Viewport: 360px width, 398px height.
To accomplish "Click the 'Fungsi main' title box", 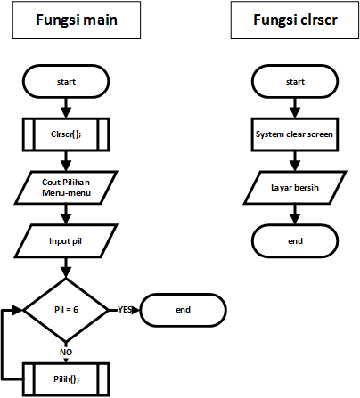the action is pyautogui.click(x=77, y=20).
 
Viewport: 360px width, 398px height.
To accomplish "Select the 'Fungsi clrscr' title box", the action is pyautogui.click(x=295, y=20).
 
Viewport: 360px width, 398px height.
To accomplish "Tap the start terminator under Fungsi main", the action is pyautogui.click(x=66, y=81).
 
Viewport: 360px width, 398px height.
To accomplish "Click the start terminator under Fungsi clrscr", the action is pyautogui.click(x=295, y=81).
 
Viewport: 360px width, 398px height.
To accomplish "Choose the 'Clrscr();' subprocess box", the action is pyautogui.click(x=66, y=134).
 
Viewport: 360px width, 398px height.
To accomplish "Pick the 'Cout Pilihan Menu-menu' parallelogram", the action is pyautogui.click(x=66, y=188).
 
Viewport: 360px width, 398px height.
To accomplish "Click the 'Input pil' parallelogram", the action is pyautogui.click(x=66, y=241).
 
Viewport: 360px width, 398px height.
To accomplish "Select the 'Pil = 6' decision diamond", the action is pyautogui.click(x=66, y=310).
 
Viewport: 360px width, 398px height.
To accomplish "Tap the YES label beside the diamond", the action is pyautogui.click(x=125, y=310).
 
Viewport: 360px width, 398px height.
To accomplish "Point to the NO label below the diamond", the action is pyautogui.click(x=66, y=353).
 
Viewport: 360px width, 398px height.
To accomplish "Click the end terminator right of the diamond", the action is pyautogui.click(x=184, y=310).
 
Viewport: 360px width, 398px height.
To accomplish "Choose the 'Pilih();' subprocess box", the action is pyautogui.click(x=66, y=379).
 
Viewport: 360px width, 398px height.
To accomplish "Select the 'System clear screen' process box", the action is pyautogui.click(x=295, y=134).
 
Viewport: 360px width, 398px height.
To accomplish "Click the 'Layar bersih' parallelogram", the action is pyautogui.click(x=295, y=188).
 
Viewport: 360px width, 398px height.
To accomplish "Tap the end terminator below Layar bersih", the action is pyautogui.click(x=295, y=241).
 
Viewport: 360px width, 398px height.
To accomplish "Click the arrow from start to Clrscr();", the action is pyautogui.click(x=66, y=108).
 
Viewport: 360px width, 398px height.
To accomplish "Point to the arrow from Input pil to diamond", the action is pyautogui.click(x=66, y=268).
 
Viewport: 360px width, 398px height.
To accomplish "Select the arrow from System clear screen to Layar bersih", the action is pyautogui.click(x=295, y=161).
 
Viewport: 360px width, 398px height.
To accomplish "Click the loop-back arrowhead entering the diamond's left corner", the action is pyautogui.click(x=18, y=310).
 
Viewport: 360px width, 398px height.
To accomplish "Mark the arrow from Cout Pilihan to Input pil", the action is pyautogui.click(x=66, y=215).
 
